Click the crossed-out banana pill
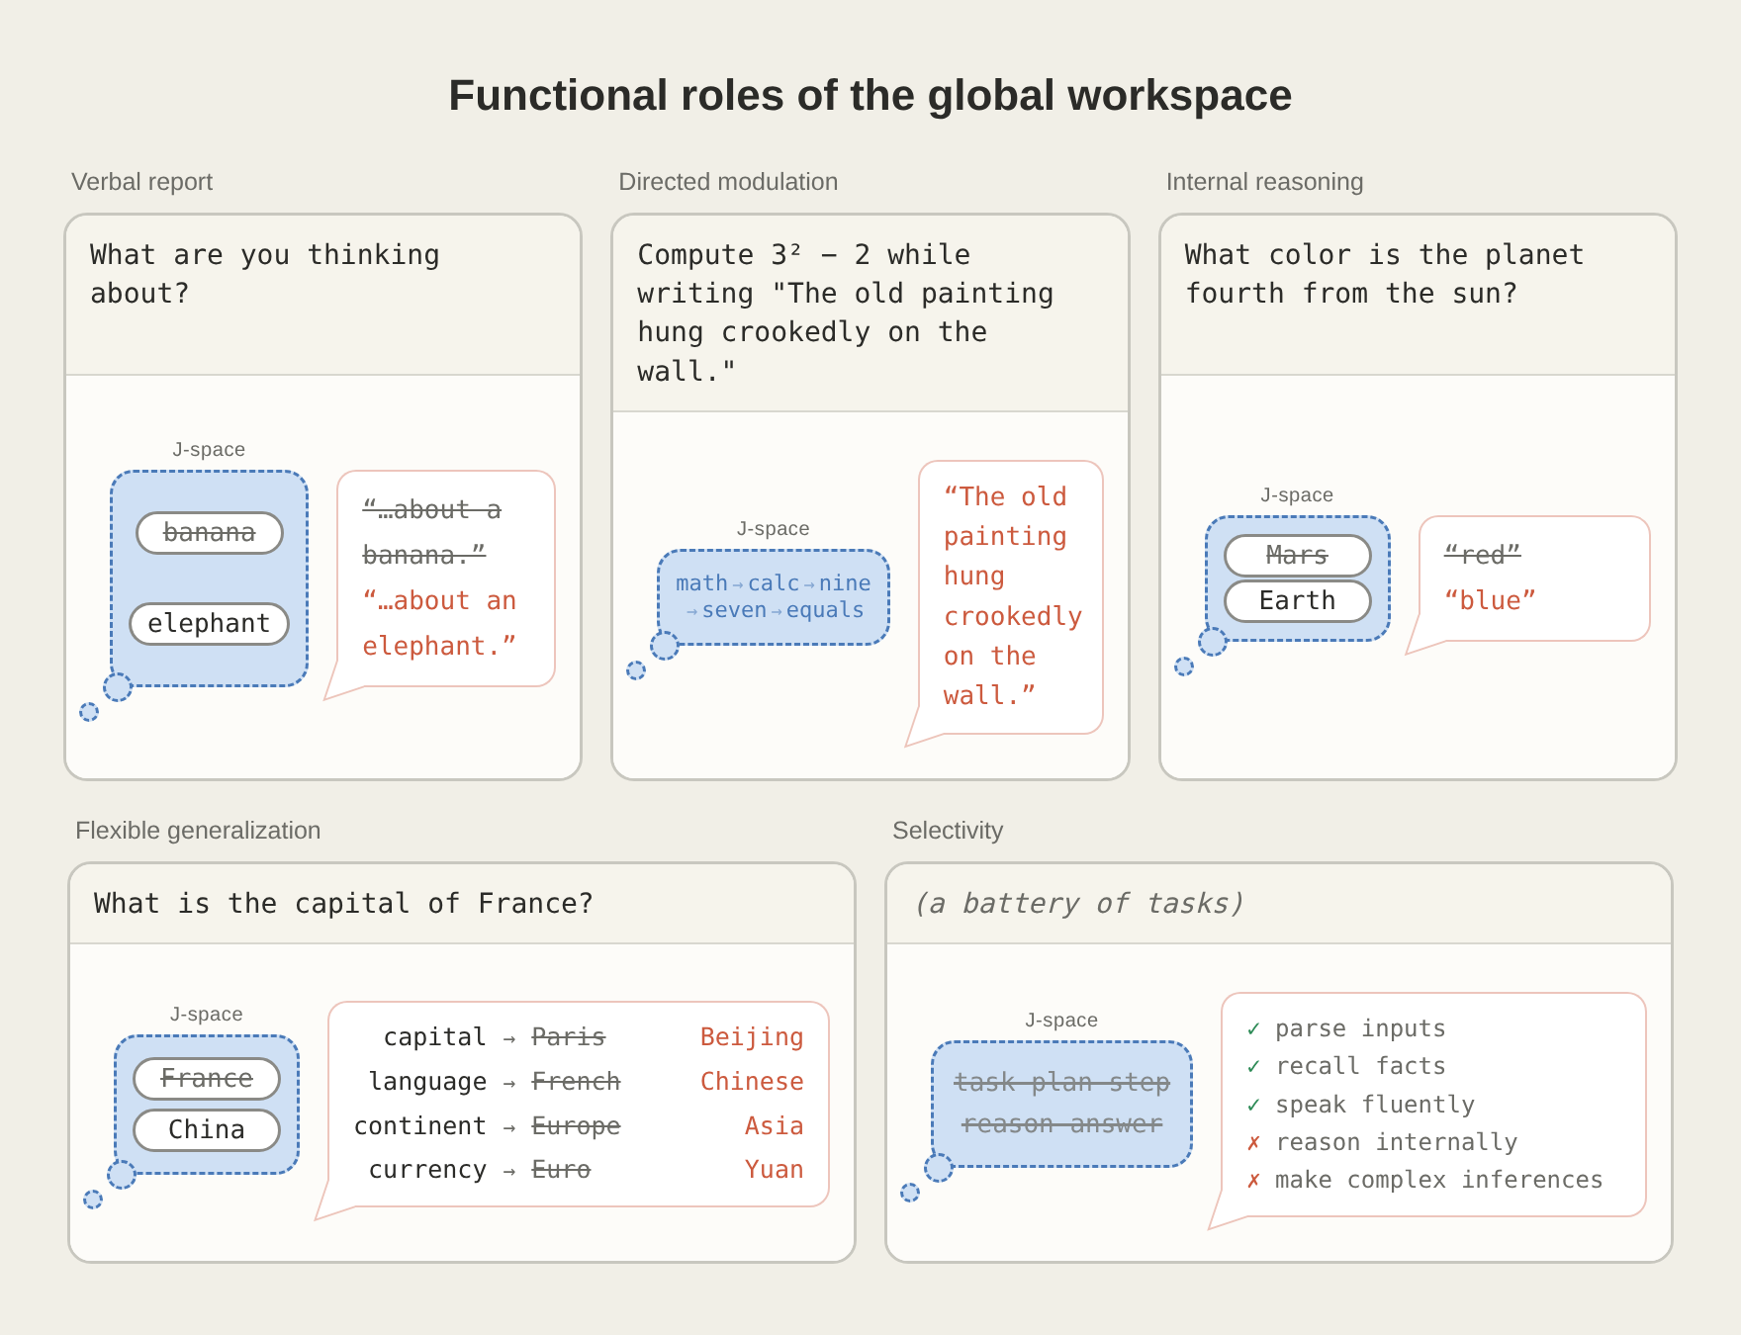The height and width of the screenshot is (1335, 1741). (210, 533)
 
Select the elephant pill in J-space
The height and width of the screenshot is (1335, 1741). (209, 624)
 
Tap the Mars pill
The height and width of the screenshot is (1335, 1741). (1297, 556)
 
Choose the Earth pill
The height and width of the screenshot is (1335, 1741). (1297, 601)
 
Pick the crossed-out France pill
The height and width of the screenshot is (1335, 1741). (207, 1078)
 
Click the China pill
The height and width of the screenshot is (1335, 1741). (207, 1130)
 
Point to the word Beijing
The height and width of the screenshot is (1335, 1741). (752, 1037)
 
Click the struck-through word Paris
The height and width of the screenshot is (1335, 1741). (568, 1037)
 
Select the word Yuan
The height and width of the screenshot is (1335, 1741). (774, 1170)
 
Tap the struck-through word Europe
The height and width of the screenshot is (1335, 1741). (576, 1126)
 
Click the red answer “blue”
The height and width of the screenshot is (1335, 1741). (1490, 601)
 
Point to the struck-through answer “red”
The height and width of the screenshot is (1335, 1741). (1482, 556)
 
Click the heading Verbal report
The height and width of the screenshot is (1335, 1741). (141, 182)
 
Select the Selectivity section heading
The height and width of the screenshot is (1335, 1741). (948, 831)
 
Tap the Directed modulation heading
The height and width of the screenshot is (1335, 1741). (728, 182)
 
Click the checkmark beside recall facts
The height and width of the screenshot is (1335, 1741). (1253, 1066)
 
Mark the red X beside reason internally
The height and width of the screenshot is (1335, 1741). (1253, 1142)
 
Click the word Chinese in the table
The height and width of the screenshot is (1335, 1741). (752, 1082)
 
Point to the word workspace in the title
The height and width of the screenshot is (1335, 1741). (1179, 97)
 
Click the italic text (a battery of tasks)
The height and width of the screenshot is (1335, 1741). (1079, 904)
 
